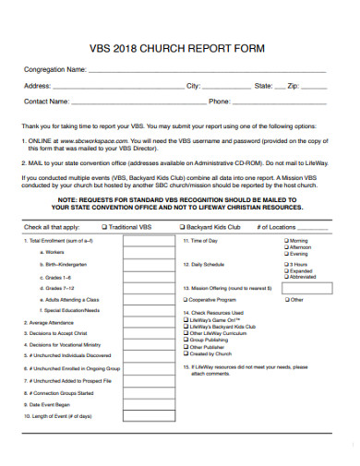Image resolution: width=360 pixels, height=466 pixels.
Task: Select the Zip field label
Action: [294, 86]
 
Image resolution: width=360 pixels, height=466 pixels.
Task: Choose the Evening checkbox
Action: [285, 253]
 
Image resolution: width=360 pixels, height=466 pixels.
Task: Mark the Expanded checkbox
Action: [285, 270]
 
